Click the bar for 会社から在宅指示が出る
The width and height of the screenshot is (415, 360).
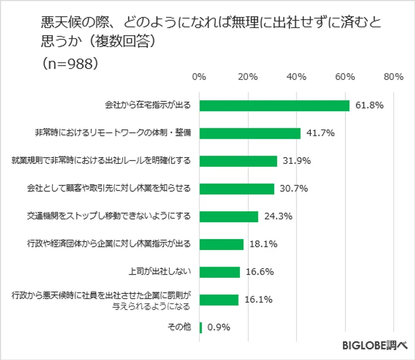[x=274, y=106]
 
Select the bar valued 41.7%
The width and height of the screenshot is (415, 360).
[x=250, y=133]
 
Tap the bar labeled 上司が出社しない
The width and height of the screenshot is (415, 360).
[x=219, y=272]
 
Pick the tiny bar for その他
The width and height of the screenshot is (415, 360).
[x=201, y=327]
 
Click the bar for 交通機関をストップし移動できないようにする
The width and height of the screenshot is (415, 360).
[x=229, y=217]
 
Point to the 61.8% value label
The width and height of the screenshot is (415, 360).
[x=370, y=106]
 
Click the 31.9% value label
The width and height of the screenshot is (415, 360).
[x=297, y=161]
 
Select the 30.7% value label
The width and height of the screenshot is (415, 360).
[x=293, y=189]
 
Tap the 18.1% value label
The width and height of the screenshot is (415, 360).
[x=263, y=244]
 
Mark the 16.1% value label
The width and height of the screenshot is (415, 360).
[x=258, y=300]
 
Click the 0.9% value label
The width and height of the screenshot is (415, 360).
[x=219, y=327]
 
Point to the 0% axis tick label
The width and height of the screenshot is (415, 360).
[x=199, y=77]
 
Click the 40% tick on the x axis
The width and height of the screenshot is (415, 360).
[x=296, y=77]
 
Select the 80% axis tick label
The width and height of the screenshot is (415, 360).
[x=393, y=77]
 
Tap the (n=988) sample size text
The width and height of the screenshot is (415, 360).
[x=72, y=64]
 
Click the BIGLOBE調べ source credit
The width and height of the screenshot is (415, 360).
[x=374, y=346]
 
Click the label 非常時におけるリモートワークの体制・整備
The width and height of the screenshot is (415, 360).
[x=113, y=133]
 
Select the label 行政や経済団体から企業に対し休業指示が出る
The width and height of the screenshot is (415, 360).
[x=109, y=244]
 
